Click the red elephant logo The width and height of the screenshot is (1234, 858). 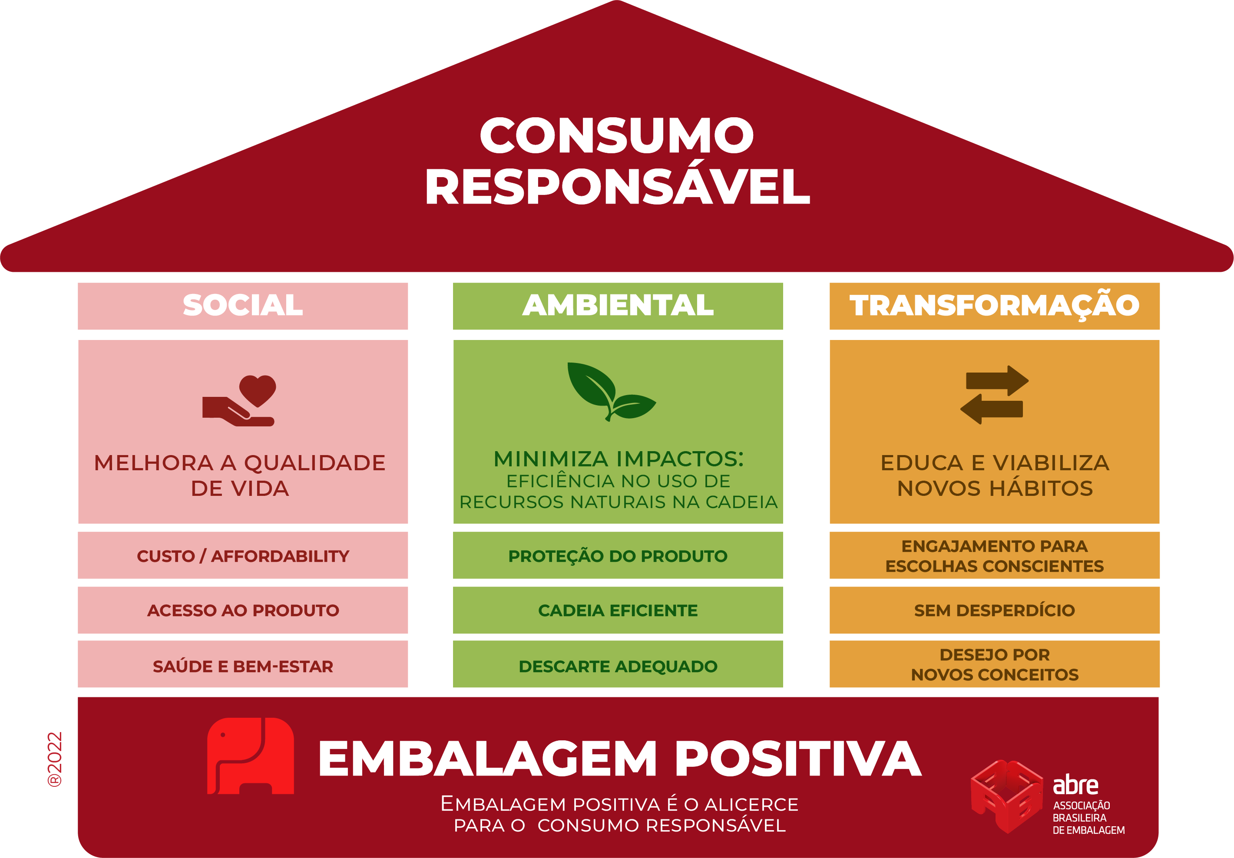click(251, 756)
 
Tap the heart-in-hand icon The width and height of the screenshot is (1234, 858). click(238, 401)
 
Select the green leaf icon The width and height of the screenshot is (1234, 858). click(611, 391)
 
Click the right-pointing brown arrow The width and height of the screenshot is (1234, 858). click(997, 380)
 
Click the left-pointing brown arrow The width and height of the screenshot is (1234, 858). click(992, 409)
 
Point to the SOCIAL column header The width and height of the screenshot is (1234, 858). click(243, 306)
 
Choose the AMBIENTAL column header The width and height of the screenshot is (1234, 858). click(618, 306)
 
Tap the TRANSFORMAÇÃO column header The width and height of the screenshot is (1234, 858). click(995, 306)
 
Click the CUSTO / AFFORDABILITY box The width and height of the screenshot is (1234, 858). click(243, 555)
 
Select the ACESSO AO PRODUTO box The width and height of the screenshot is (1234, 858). click(243, 610)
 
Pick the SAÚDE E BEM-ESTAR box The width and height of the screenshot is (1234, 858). click(243, 664)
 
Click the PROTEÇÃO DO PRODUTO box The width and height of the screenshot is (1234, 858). click(618, 555)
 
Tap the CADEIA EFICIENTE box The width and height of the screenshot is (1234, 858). click(618, 610)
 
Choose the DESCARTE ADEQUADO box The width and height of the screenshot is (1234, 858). click(618, 664)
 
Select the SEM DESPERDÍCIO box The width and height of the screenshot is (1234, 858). click(995, 610)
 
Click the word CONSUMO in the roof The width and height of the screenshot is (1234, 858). click(617, 135)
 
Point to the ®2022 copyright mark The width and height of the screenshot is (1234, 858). click(55, 759)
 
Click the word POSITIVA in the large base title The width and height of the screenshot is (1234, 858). click(798, 758)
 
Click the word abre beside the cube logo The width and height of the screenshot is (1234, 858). click(1075, 785)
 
